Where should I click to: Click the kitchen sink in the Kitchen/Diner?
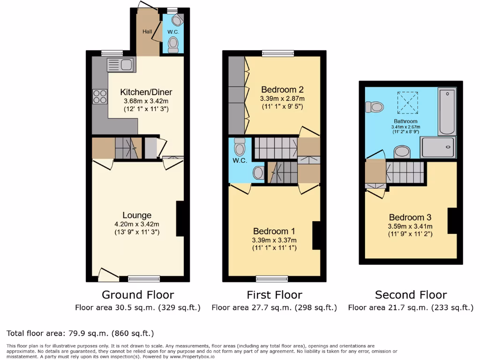pos(120,64)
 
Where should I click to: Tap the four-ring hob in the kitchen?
pos(100,96)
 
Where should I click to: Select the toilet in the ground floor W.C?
pos(173,45)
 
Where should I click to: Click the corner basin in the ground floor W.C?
pos(178,20)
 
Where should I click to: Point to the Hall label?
pos(148,31)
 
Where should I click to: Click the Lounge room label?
pos(137,215)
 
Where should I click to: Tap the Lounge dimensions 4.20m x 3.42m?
pos(137,224)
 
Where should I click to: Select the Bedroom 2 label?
pos(282,90)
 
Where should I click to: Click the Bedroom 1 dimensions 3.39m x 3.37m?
pos(274,240)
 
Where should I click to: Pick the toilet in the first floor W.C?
pos(240,148)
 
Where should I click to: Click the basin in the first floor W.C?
pos(258,173)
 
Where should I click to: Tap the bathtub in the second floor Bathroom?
pos(447,112)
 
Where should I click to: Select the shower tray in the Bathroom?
pos(437,147)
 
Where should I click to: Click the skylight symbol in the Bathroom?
pos(407,103)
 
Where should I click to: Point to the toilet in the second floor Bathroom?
pos(375,107)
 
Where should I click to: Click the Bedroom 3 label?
pos(410,217)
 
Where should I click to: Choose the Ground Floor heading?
pos(138,295)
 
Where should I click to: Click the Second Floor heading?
pos(411,295)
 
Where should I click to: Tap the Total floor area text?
pos(80,333)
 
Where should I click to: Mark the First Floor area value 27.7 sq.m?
pos(274,308)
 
